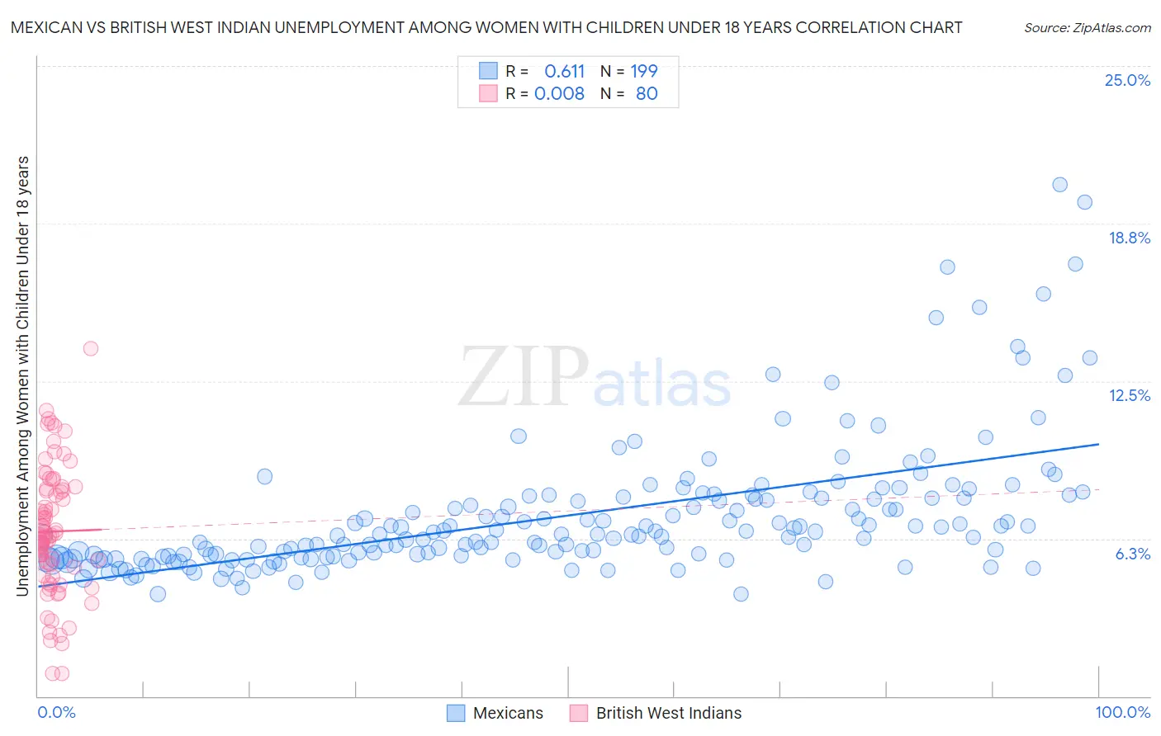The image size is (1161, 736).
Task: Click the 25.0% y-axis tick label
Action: pos(1127,80)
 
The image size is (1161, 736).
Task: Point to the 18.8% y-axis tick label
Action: pos(1129,238)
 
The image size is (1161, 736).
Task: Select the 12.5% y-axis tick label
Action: pos(1129,395)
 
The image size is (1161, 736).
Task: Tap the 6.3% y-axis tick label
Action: pos(1132,554)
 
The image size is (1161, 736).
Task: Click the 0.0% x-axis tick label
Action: pos(56,712)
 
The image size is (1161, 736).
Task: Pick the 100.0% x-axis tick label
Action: pos(1122,712)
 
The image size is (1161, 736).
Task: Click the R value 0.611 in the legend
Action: pos(565,71)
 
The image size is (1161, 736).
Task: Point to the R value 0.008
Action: pos(559,93)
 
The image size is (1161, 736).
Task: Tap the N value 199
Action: pos(644,71)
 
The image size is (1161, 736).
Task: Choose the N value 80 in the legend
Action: pos(647,93)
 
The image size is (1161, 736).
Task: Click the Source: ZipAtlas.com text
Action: pos(1087,27)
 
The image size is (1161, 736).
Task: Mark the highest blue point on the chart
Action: pos(1059,185)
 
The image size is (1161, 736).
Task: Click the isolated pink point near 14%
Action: pos(91,348)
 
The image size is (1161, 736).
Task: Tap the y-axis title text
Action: pos(22,375)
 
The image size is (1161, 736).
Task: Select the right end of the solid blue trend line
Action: pos(1098,444)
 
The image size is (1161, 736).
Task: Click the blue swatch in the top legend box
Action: pos(488,71)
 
